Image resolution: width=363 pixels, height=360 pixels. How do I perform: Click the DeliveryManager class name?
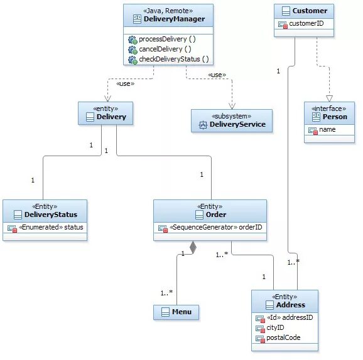(174, 19)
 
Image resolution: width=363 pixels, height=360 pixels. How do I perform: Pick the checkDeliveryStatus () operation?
(173, 59)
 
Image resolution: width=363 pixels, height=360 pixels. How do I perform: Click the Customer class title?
(310, 11)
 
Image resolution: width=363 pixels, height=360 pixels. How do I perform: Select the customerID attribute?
(306, 24)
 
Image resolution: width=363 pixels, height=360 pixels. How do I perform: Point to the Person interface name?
(334, 117)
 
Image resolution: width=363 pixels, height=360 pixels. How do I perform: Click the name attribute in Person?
(327, 130)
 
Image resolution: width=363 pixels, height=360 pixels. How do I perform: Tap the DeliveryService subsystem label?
(237, 124)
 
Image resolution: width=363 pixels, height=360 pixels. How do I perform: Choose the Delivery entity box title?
(111, 117)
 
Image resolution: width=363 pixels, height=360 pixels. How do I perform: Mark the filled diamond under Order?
(193, 248)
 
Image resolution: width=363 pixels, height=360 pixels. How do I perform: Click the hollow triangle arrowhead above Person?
(329, 98)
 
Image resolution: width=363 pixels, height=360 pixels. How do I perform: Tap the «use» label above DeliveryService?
(217, 75)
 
